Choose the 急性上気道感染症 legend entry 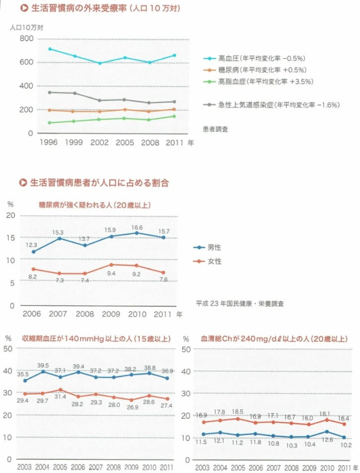tap(272, 105)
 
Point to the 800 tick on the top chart tap(26, 39)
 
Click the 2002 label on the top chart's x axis tap(100, 143)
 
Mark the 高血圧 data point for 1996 tap(50, 49)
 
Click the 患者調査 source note tap(216, 129)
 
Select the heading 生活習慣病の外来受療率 tap(99, 9)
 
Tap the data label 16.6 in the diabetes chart tap(136, 227)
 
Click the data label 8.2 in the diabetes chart tap(33, 276)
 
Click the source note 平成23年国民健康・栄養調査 tap(240, 303)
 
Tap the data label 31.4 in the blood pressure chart tap(60, 397)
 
